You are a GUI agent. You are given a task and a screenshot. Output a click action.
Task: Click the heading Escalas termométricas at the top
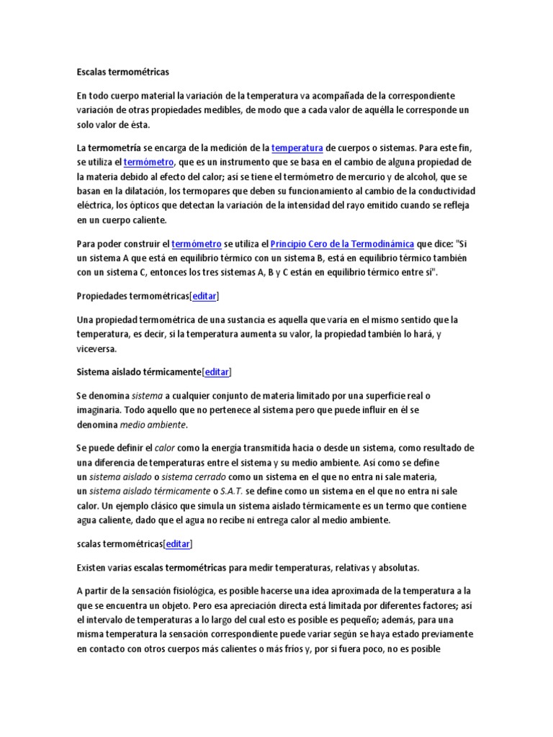(x=122, y=72)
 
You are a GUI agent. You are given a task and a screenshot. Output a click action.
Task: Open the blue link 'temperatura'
(x=297, y=148)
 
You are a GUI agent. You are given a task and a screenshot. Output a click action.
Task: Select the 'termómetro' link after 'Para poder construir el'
(x=197, y=244)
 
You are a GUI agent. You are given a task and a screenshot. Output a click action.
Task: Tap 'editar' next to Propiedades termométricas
(x=204, y=296)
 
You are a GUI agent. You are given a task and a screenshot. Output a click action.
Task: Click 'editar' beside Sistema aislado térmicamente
(x=217, y=372)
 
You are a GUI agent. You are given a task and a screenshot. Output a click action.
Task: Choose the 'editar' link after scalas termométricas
(x=178, y=544)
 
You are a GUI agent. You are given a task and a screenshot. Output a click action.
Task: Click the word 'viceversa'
(x=95, y=348)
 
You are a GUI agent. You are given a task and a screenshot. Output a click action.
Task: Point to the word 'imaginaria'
(x=99, y=409)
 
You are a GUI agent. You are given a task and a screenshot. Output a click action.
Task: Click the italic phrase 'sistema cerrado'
(x=192, y=476)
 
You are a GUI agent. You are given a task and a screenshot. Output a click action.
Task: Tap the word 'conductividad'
(x=440, y=191)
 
